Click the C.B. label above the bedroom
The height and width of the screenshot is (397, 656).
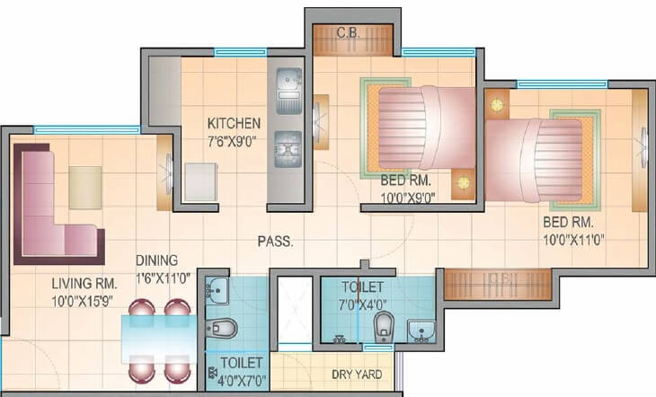click(x=348, y=33)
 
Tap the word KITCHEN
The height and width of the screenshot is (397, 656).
click(x=234, y=123)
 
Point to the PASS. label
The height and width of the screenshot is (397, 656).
click(x=275, y=242)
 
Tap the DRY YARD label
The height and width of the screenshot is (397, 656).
click(x=356, y=374)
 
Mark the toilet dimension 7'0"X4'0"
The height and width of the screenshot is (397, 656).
click(x=361, y=303)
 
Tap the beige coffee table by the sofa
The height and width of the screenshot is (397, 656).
click(x=85, y=187)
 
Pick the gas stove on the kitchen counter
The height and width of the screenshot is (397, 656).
click(x=288, y=146)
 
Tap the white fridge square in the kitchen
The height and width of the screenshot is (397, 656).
click(x=199, y=182)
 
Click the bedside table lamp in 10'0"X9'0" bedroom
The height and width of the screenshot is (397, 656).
click(x=463, y=182)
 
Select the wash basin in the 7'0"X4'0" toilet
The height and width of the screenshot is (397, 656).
click(x=421, y=331)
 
